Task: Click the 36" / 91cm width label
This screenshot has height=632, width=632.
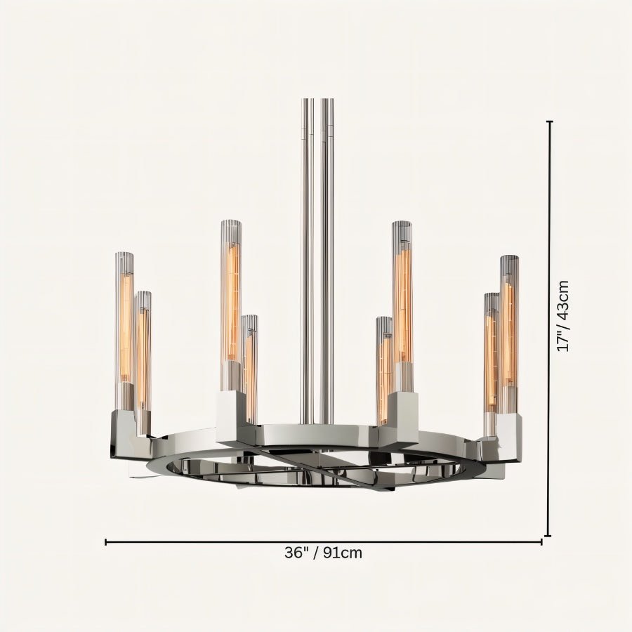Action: [323, 553]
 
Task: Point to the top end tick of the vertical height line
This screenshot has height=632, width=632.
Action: [549, 122]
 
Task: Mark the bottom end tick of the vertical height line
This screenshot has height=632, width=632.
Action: [549, 536]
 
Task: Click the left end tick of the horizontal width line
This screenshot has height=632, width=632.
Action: [106, 542]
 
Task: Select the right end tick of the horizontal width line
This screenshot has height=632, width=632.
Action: [541, 542]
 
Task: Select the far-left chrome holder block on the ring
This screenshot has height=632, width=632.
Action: [126, 432]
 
